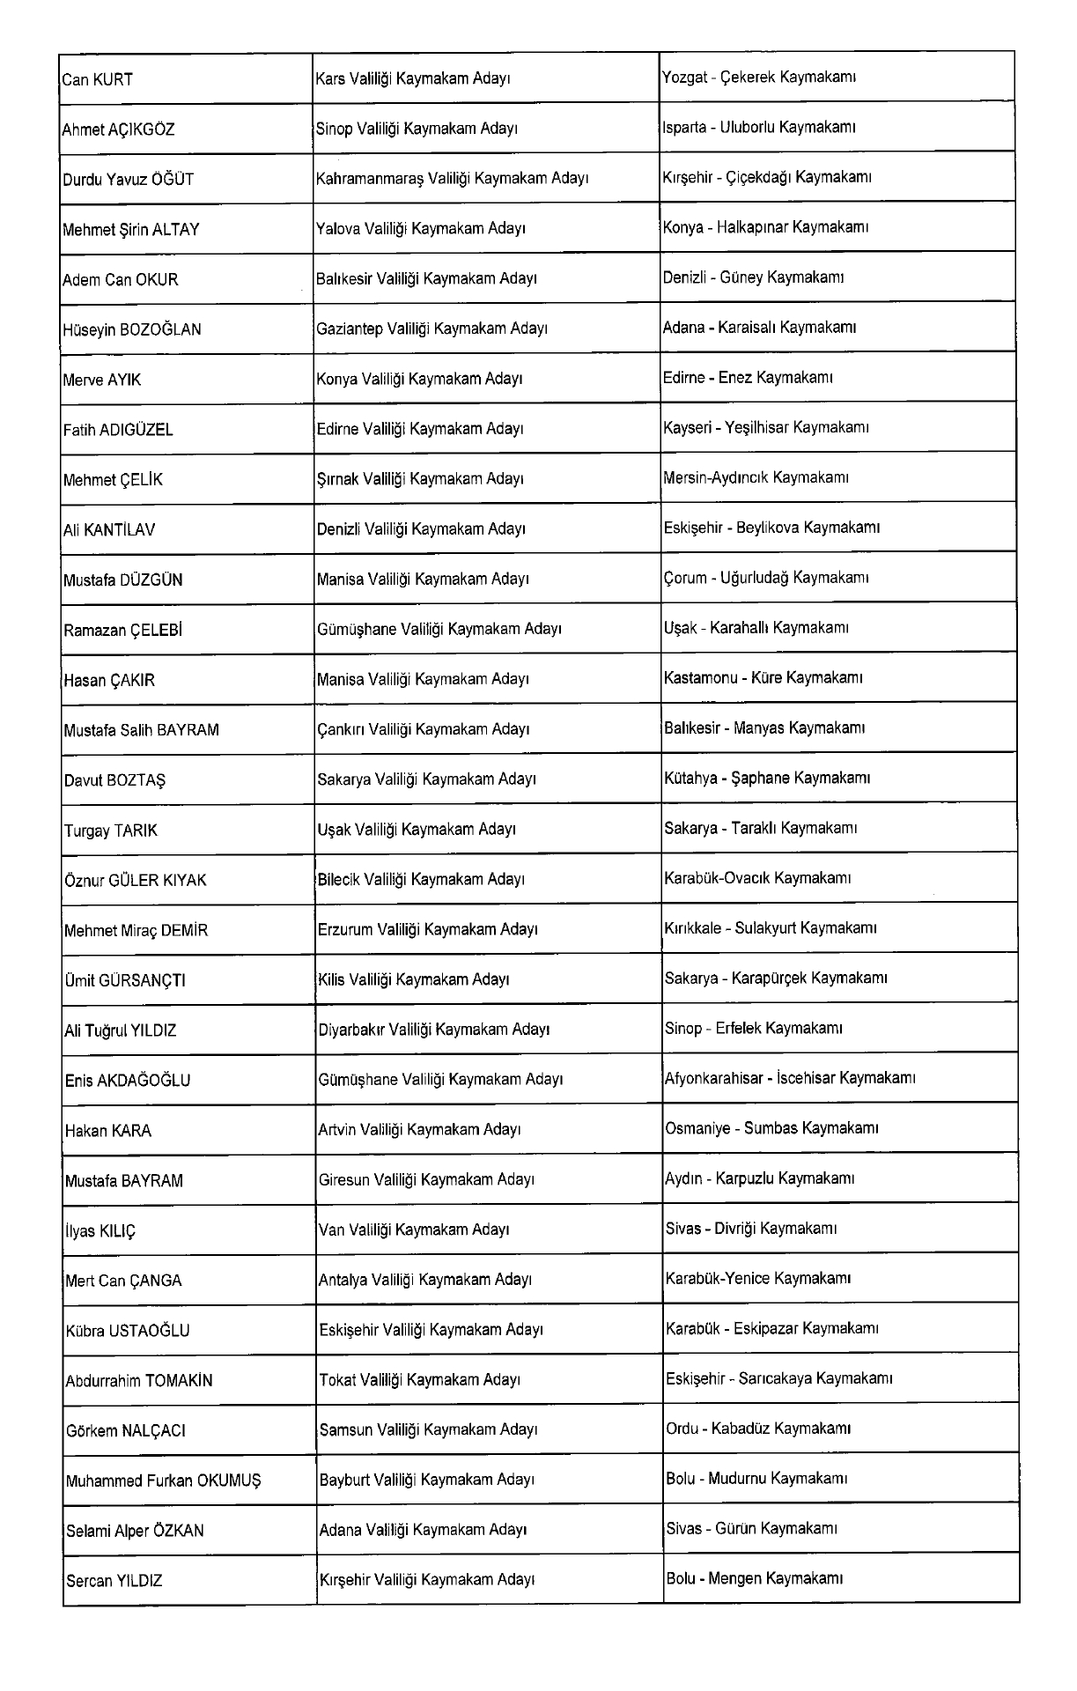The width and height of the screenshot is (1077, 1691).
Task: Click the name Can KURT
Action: (98, 80)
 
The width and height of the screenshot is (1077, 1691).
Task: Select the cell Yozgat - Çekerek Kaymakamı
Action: (759, 78)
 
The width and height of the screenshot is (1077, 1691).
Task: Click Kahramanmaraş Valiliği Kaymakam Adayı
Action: (452, 179)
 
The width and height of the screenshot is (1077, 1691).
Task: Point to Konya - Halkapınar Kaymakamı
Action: (765, 228)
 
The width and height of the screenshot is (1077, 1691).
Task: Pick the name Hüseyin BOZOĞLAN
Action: (132, 330)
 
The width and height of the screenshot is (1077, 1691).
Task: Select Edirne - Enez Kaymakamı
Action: (748, 379)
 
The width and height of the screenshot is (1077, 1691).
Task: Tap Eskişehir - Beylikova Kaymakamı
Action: (771, 528)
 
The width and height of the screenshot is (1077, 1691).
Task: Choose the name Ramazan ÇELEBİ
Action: (123, 631)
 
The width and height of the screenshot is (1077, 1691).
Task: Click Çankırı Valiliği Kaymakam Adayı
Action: (423, 729)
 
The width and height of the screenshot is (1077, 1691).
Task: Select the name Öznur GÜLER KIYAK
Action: (136, 881)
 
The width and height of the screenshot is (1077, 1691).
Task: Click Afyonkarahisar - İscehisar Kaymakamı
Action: (790, 1079)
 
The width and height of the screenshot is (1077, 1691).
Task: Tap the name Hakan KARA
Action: (108, 1131)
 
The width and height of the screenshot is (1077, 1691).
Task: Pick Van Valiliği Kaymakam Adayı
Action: (414, 1229)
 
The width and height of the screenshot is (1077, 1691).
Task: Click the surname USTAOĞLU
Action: (149, 1331)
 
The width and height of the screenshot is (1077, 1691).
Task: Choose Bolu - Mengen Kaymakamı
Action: (755, 1579)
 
